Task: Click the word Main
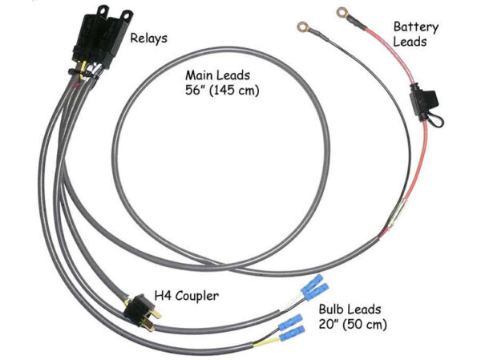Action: pyautogui.click(x=201, y=75)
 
